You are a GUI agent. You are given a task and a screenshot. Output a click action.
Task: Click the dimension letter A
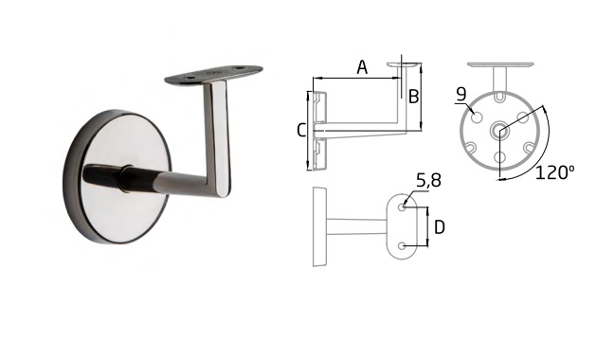coord(362,67)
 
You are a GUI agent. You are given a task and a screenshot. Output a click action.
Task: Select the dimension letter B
coord(413,97)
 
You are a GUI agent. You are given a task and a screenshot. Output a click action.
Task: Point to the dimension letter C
coord(301,131)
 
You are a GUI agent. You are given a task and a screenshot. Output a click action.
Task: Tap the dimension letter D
coord(440,227)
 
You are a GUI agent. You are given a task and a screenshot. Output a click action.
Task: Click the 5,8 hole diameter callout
coord(428,181)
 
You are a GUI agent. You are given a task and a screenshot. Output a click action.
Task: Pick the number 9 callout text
coord(461,95)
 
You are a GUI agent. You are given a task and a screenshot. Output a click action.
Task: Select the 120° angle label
coord(554,172)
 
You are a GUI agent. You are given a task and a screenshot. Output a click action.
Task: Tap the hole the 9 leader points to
coord(477,117)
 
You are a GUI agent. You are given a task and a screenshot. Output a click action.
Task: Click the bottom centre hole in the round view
coord(499,156)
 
